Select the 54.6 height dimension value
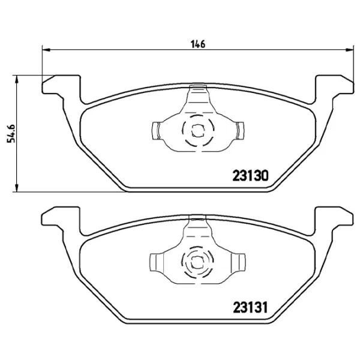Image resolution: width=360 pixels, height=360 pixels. point(10,130)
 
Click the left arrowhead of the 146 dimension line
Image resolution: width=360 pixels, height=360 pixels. point(45,50)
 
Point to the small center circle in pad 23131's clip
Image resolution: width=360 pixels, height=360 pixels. point(196,262)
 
